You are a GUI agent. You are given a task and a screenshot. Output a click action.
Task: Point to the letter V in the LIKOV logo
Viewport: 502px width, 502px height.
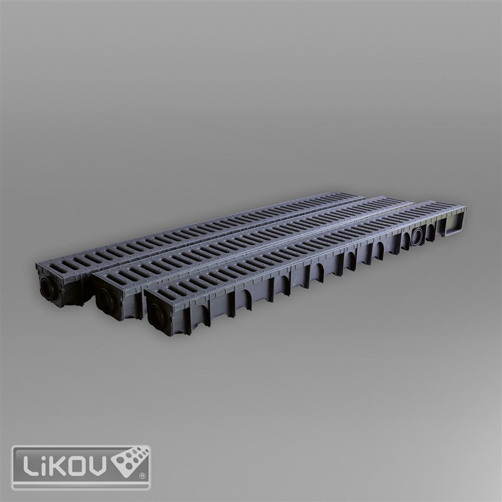click(x=98, y=467)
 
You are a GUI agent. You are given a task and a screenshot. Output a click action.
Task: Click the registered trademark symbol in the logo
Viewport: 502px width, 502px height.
click(x=142, y=476)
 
